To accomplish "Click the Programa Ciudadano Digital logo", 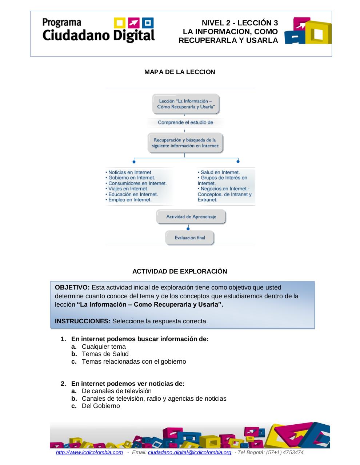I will (99, 31).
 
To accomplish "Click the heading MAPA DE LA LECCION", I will (180, 72).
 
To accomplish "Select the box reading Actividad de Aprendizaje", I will (191, 217).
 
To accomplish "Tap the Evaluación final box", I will (189, 238).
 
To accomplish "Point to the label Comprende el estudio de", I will (185, 122).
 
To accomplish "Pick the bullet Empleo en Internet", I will (129, 200).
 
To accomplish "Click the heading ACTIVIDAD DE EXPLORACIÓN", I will (180, 271).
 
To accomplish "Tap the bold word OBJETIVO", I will (72, 287).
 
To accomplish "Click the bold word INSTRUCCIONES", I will (83, 321).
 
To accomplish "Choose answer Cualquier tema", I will (104, 347).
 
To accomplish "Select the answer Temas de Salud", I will (105, 354).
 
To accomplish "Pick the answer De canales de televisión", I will (116, 391).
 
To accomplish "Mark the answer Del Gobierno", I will (101, 406).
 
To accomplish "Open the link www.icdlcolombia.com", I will (89, 452).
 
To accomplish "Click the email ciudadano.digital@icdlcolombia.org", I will (189, 452).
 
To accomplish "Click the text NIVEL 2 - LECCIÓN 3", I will (240, 23).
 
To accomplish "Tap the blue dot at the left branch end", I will (134, 161).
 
